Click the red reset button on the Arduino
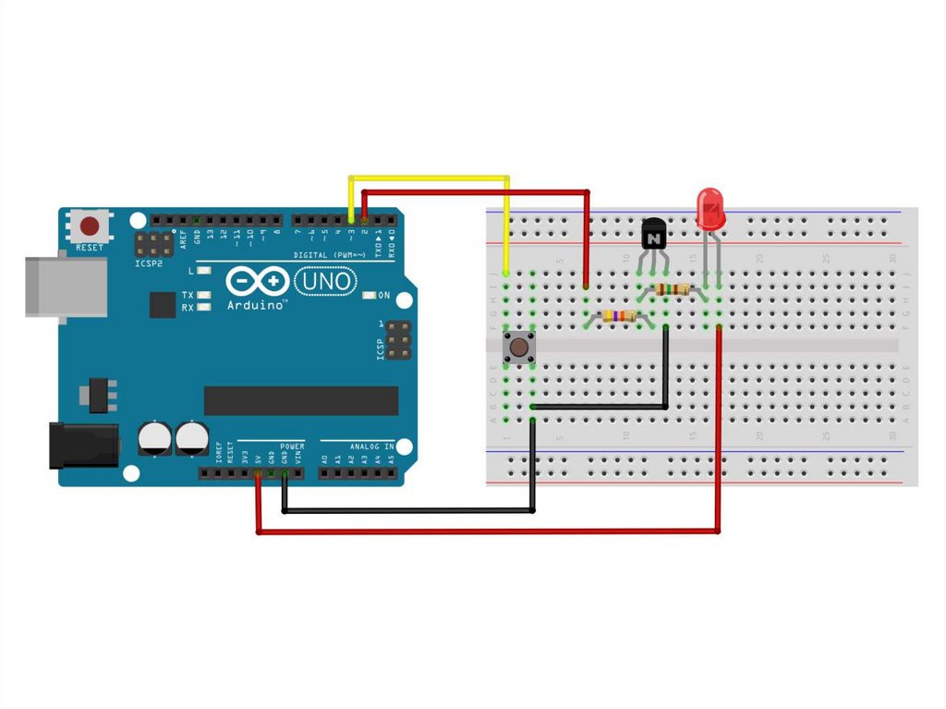click(x=90, y=226)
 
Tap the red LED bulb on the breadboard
click(x=709, y=208)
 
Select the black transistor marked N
click(x=653, y=235)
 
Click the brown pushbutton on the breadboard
click(x=518, y=348)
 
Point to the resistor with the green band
click(x=670, y=289)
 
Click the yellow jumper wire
click(x=429, y=177)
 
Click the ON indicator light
click(x=370, y=296)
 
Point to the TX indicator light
click(x=201, y=295)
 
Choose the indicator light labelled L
click(x=203, y=271)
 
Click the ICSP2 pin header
click(x=154, y=245)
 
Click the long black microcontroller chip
click(x=301, y=400)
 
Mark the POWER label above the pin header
click(x=291, y=446)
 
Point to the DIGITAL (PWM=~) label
click(x=330, y=254)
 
